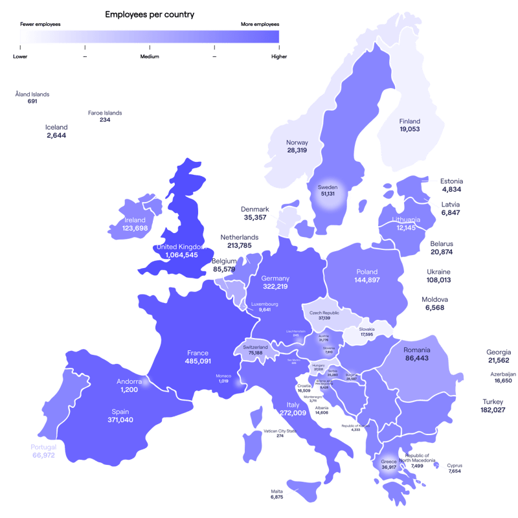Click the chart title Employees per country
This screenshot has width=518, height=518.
tap(150, 14)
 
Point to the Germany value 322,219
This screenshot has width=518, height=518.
tap(275, 286)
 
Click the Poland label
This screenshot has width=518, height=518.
tap(366, 272)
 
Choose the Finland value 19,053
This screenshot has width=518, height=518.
tap(409, 129)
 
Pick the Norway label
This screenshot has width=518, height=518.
tap(297, 142)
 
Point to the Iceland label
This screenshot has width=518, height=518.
tap(56, 128)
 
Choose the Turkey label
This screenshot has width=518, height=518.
tap(493, 401)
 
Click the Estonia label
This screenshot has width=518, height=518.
tap(451, 181)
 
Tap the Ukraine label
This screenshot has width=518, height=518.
tap(438, 272)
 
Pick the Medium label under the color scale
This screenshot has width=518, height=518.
tap(150, 56)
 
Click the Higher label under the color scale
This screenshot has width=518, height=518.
tap(279, 56)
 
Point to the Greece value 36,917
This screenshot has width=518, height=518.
tap(388, 466)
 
